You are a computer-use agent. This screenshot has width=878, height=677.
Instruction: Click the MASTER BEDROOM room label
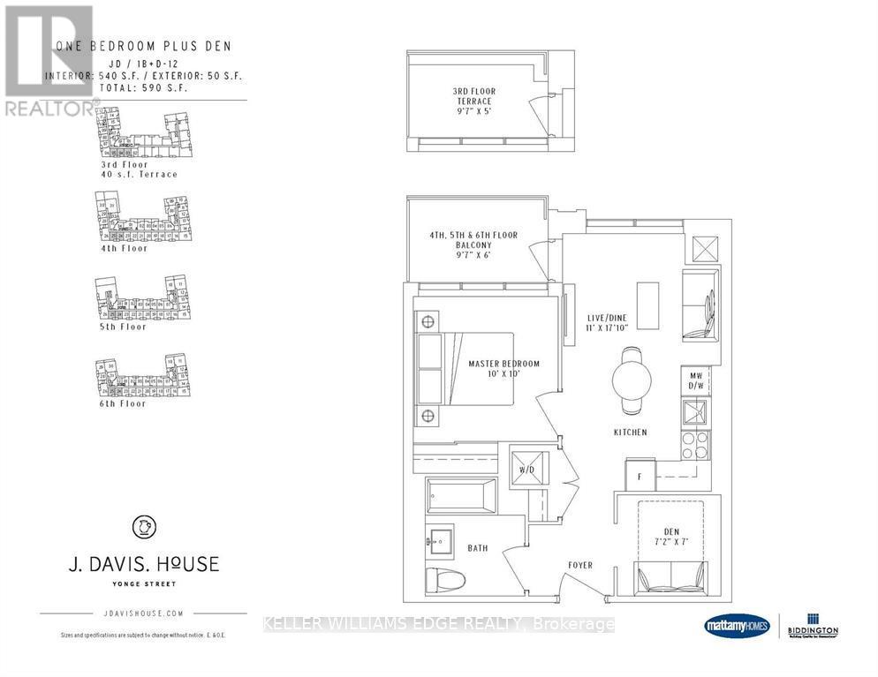pyautogui.click(x=503, y=369)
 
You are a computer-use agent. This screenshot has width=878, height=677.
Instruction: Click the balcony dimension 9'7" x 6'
pyautogui.click(x=473, y=255)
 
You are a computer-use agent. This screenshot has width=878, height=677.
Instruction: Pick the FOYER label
pyautogui.click(x=580, y=565)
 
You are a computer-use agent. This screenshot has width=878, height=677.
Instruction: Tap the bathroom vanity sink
pyautogui.click(x=438, y=538)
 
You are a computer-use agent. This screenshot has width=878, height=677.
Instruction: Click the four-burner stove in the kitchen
pyautogui.click(x=694, y=444)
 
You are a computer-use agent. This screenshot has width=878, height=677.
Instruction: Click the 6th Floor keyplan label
pyautogui.click(x=125, y=403)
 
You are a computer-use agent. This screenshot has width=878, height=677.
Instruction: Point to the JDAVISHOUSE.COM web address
pyautogui.click(x=142, y=613)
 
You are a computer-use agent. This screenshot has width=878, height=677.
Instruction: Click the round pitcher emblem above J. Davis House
pyautogui.click(x=142, y=527)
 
